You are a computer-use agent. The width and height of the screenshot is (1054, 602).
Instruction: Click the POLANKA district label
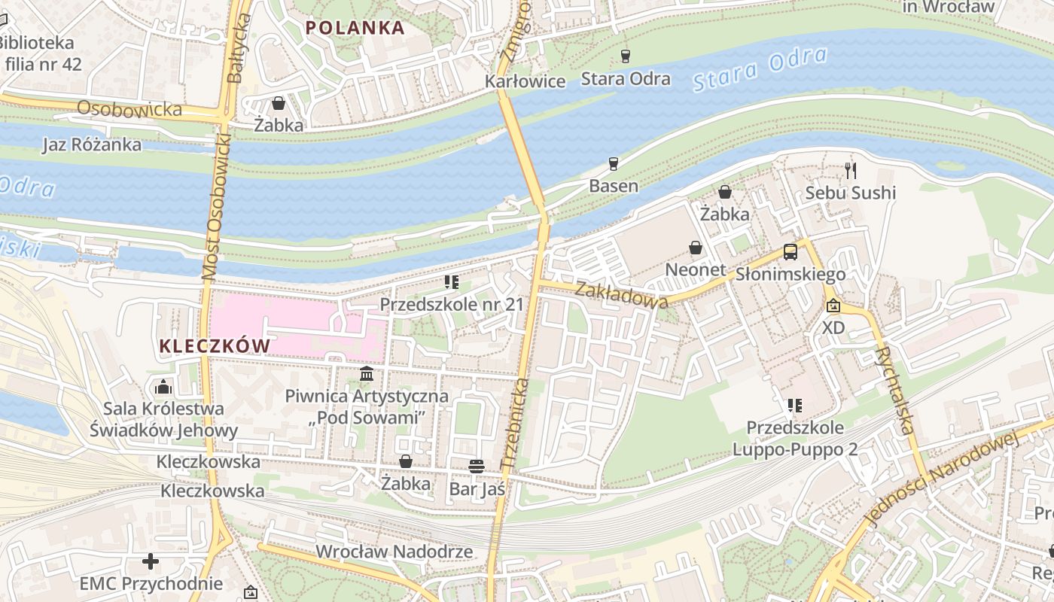(355, 28)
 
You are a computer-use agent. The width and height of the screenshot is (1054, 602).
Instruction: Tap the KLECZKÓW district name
(215, 346)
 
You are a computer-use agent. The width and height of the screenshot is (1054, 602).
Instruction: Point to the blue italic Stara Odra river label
(760, 69)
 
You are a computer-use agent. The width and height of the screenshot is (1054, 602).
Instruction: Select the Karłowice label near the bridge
(525, 81)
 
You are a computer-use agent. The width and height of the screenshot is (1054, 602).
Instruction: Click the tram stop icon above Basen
(614, 164)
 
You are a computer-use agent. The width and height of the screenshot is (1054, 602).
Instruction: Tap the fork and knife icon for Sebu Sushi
(851, 171)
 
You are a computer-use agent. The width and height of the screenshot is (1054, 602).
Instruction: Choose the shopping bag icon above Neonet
(696, 248)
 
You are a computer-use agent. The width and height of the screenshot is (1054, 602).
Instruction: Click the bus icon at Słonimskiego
(790, 252)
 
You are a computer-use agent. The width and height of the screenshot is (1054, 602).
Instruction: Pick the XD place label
(833, 328)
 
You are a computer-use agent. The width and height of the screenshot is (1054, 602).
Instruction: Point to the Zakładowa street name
(622, 294)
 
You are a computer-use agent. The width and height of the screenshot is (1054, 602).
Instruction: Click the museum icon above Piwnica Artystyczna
(367, 373)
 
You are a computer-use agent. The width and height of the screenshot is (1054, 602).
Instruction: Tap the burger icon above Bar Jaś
(476, 467)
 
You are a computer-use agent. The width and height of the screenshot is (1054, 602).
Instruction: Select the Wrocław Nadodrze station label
(394, 552)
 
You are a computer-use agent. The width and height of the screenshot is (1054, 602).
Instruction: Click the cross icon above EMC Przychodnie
(151, 561)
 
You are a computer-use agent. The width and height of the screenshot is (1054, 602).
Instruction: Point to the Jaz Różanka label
(92, 144)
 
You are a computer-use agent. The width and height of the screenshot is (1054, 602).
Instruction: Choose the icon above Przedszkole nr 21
(452, 282)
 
